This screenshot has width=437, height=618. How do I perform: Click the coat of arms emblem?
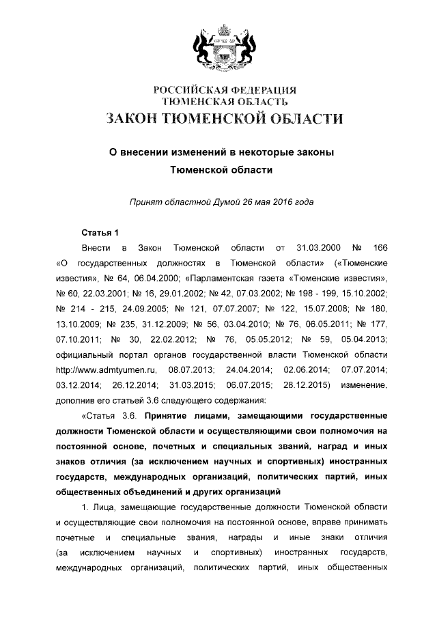tap(218, 45)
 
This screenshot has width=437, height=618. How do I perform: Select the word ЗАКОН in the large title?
tap(130, 119)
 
